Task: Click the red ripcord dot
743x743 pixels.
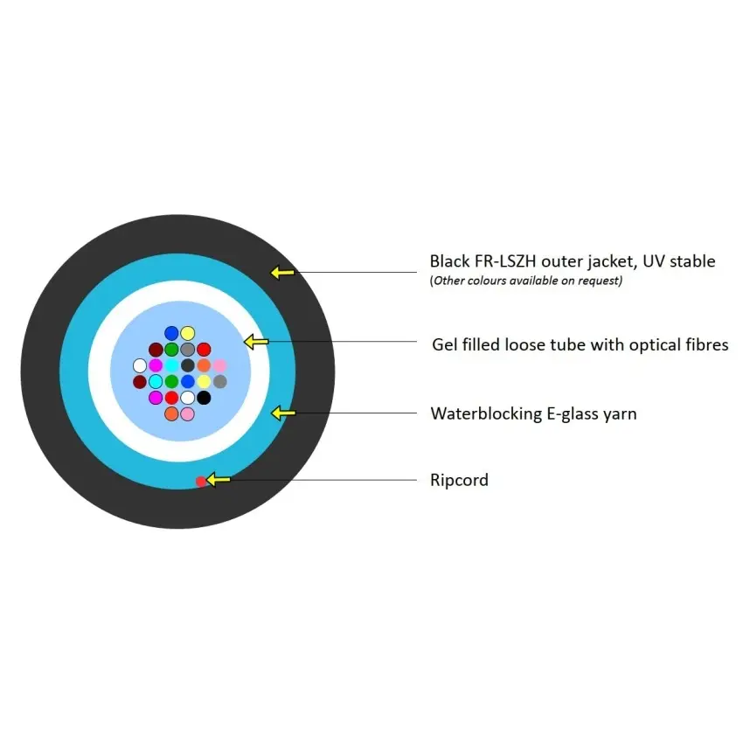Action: click(x=201, y=482)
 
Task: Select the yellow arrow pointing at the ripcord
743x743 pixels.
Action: click(x=219, y=480)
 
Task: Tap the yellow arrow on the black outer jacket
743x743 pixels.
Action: click(x=282, y=273)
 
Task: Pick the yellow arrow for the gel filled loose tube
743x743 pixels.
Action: click(x=256, y=342)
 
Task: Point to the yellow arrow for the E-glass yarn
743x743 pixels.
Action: click(x=283, y=413)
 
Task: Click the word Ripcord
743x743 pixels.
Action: click(x=459, y=480)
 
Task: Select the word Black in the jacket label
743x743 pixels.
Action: click(x=449, y=261)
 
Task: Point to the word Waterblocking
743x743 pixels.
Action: click(x=486, y=413)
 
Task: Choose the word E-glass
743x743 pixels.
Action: click(x=573, y=414)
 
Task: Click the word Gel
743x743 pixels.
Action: click(x=444, y=344)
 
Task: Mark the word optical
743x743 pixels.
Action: click(x=657, y=345)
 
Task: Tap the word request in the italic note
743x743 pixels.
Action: click(x=599, y=281)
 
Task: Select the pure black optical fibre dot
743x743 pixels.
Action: click(x=204, y=398)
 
